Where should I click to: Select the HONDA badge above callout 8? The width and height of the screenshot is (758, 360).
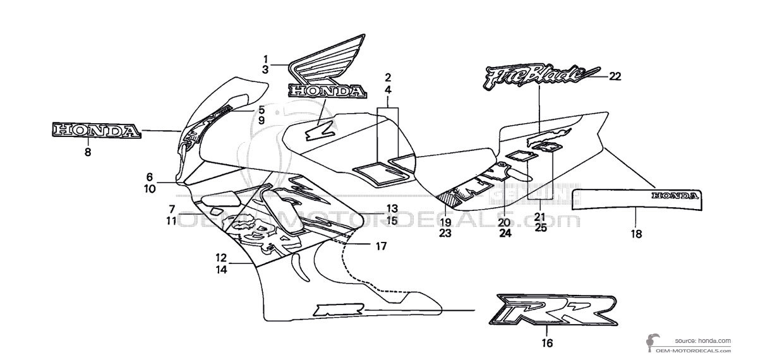pos(95,131)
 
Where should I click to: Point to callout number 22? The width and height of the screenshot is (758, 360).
pos(615,76)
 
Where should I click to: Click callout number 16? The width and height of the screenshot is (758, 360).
pos(547,343)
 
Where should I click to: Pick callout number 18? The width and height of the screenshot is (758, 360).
pos(635,234)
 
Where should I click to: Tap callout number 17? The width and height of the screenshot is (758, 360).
pos(380,245)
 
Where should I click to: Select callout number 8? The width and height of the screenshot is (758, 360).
pos(87,152)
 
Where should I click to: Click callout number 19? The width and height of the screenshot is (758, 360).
pos(445,222)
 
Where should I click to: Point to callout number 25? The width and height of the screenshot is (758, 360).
pos(541,227)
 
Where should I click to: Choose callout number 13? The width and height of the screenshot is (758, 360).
pos(392,208)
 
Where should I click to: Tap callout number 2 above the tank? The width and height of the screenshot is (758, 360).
pos(388,78)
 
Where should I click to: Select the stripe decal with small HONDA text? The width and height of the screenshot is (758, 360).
pos(637,199)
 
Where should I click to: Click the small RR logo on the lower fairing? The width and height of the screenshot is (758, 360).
pos(331,309)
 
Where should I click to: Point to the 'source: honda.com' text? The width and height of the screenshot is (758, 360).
pos(702,339)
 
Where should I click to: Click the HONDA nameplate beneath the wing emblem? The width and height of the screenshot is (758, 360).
pos(328,91)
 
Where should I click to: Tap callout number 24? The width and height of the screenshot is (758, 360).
pos(505,233)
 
